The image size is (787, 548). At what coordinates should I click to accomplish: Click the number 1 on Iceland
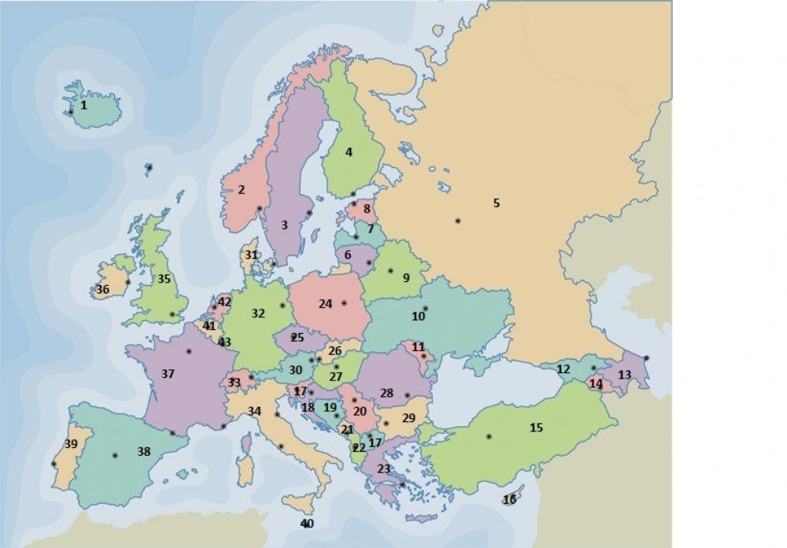(x=84, y=104)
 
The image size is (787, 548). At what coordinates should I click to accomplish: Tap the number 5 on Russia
(x=496, y=203)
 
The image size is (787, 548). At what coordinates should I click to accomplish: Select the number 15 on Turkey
(x=536, y=428)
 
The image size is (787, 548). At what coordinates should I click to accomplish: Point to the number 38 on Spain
(x=143, y=452)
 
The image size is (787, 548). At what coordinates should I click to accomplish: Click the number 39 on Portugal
(x=71, y=444)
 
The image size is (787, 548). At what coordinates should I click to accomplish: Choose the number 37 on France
(x=168, y=374)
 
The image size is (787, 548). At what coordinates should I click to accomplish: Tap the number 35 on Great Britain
(x=164, y=279)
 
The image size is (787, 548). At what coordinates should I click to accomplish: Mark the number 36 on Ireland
(x=103, y=289)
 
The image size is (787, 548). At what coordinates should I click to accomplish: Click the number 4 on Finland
(x=349, y=152)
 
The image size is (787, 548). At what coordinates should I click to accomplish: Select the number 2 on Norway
(x=241, y=190)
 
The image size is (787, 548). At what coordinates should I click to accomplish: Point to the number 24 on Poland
(x=326, y=303)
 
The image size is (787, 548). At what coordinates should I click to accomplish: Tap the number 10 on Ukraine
(x=418, y=317)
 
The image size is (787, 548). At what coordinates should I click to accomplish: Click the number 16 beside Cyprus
(x=510, y=499)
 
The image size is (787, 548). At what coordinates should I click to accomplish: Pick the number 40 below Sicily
(x=307, y=524)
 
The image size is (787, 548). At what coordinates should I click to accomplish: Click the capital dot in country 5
(x=457, y=221)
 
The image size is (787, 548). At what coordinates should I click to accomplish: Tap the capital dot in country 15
(x=489, y=436)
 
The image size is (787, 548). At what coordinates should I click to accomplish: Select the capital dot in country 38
(x=115, y=455)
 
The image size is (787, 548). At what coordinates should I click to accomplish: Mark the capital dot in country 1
(x=71, y=112)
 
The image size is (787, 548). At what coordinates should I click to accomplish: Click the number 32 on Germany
(x=258, y=313)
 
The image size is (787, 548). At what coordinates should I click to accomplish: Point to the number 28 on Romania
(x=386, y=392)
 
